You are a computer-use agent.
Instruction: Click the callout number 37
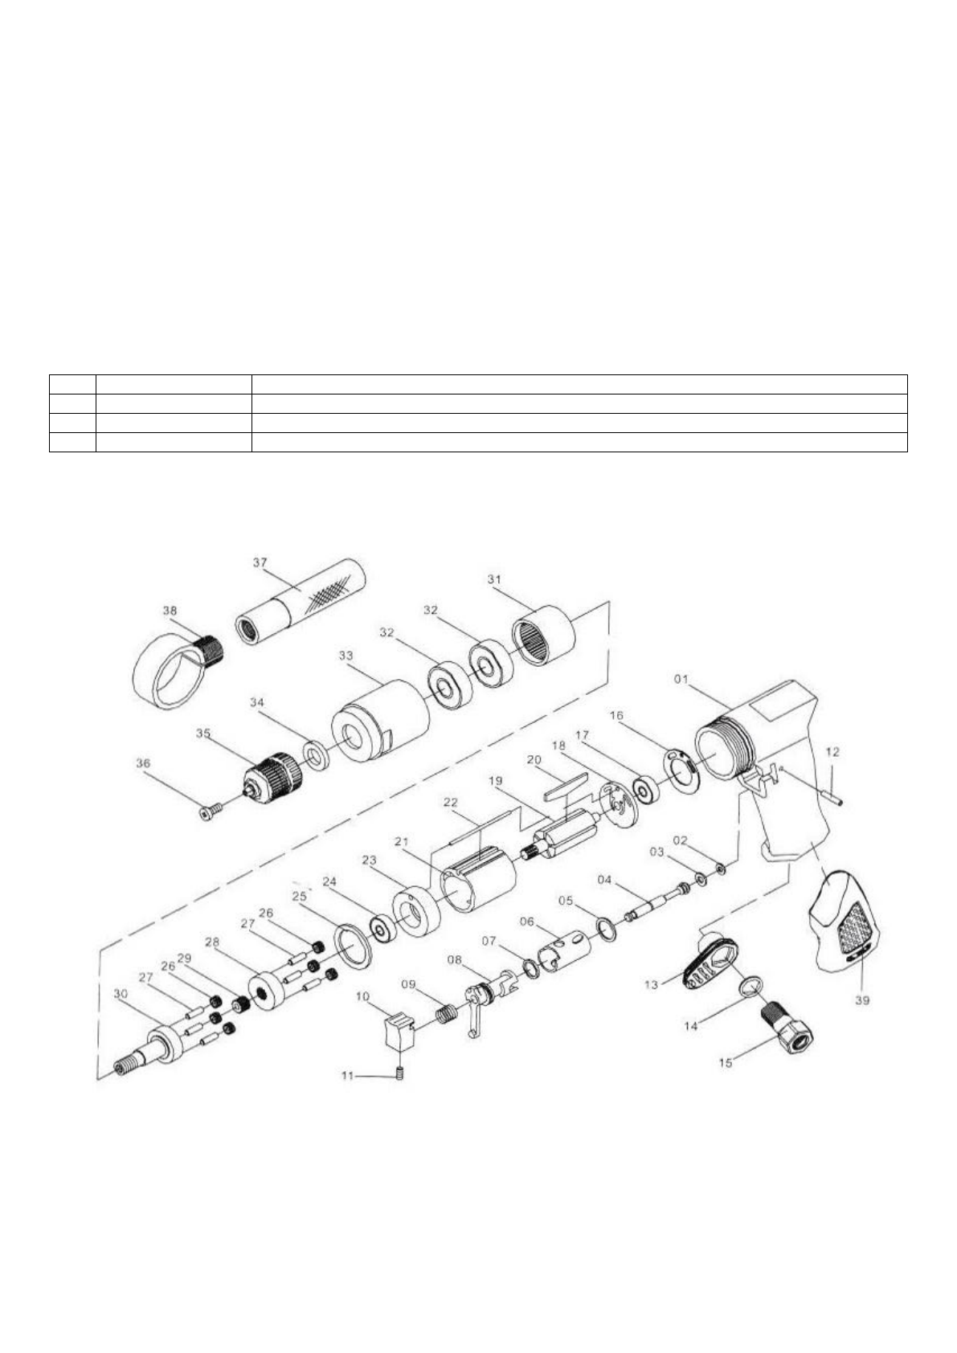click(260, 562)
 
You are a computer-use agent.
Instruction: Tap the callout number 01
click(681, 679)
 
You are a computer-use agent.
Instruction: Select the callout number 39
click(862, 1000)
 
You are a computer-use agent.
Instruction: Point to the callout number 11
click(347, 1076)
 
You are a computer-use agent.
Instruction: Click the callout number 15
click(726, 1062)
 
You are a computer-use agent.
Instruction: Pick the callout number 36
click(142, 763)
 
